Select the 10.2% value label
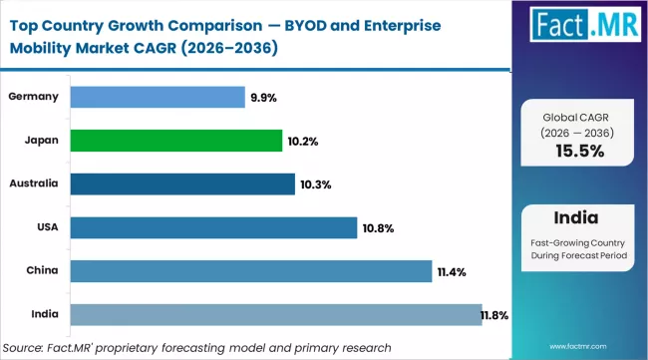[303, 142]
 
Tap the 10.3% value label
[316, 185]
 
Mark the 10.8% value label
[378, 229]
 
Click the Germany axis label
[34, 97]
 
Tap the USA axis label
[46, 228]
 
